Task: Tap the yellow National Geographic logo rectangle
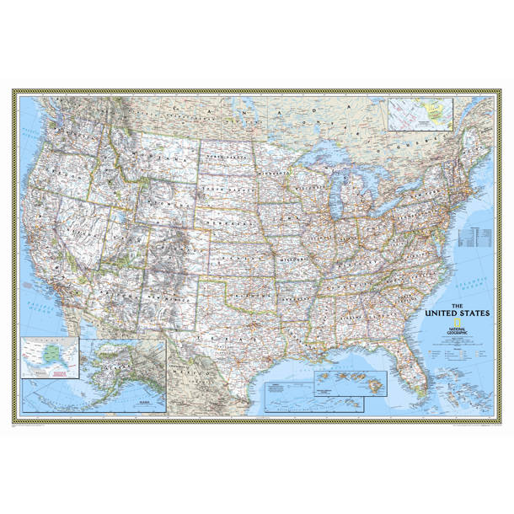point(455,324)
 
